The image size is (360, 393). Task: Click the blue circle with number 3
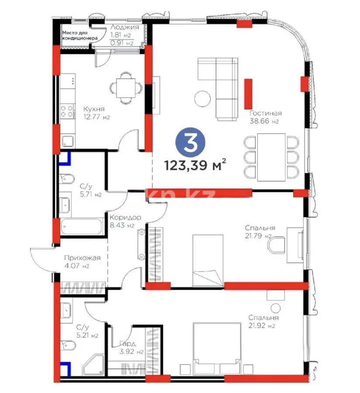click(x=189, y=143)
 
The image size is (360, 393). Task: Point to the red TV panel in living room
click(x=249, y=92)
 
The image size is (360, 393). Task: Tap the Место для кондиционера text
click(x=79, y=35)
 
